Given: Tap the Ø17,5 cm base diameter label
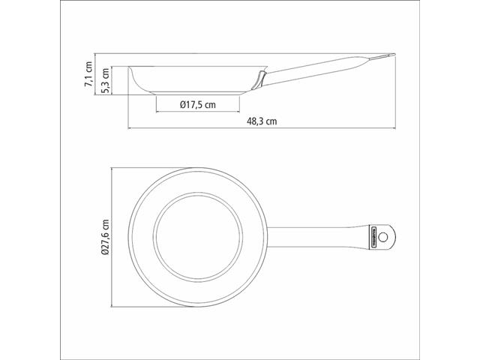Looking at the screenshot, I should tap(198, 106).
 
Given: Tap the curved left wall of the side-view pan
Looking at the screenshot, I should tap(134, 79).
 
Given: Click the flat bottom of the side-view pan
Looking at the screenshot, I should tap(198, 93).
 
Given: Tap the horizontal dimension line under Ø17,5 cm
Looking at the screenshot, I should tap(198, 113).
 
